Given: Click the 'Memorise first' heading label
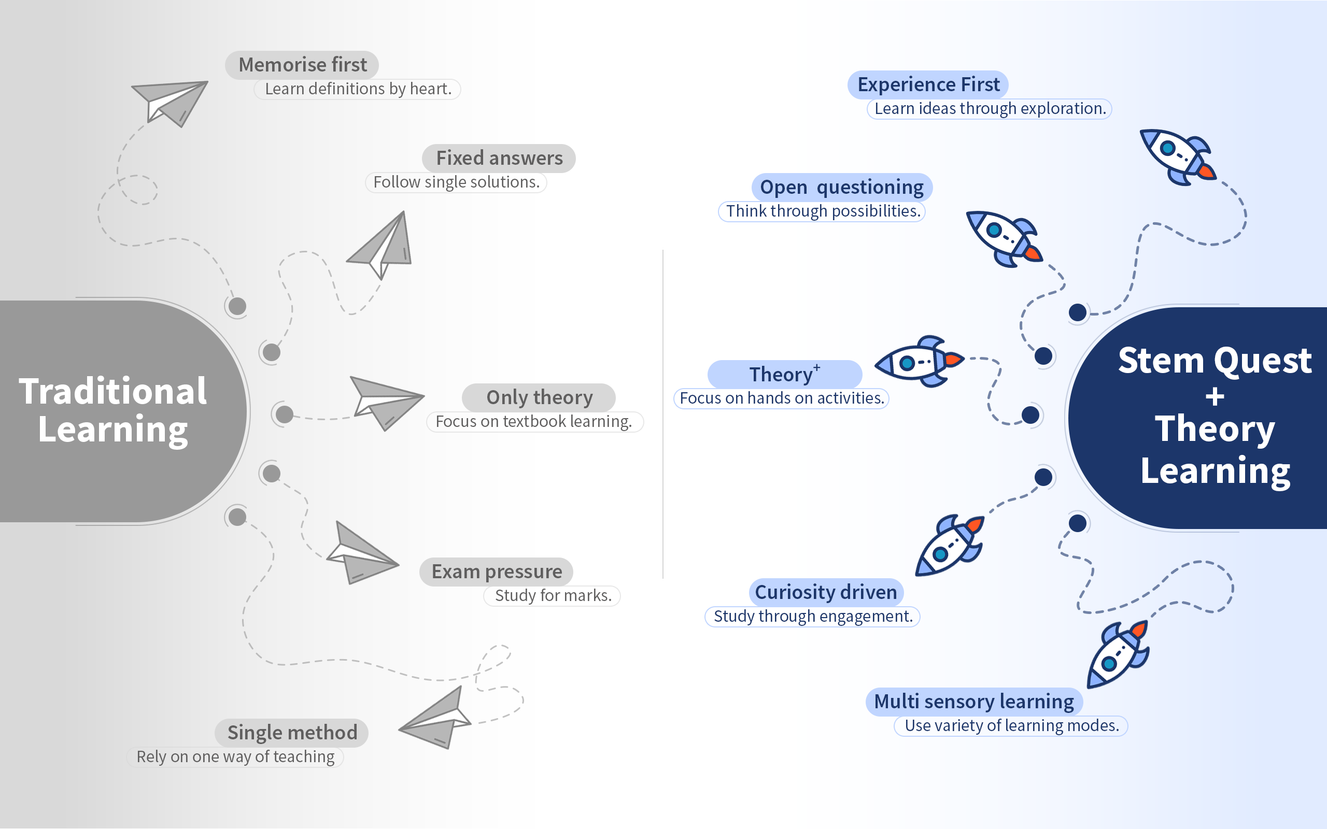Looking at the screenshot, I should click(302, 65).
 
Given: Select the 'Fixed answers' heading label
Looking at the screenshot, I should click(499, 159).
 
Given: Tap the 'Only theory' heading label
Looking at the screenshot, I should click(539, 397).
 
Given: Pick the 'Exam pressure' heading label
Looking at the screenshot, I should click(496, 572).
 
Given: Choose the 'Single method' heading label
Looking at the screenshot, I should click(292, 733).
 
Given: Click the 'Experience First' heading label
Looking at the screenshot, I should click(928, 85).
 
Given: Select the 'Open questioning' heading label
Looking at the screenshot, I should click(842, 188).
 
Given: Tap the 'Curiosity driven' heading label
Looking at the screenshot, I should click(826, 592).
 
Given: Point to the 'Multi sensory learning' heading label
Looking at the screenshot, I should click(974, 702).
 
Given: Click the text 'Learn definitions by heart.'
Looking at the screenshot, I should click(358, 89).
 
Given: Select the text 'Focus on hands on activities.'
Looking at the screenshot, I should click(782, 398).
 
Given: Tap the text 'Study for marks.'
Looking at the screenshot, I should click(553, 596).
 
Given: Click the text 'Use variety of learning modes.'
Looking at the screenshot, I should click(1011, 726).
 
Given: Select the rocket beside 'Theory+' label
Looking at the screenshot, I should click(919, 362).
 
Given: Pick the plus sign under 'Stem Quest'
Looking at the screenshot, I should click(1215, 396).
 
